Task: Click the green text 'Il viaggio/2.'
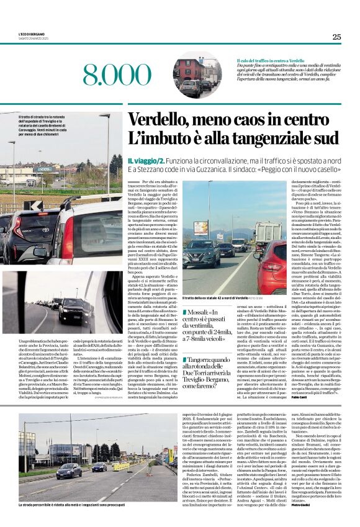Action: coord(145,160)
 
